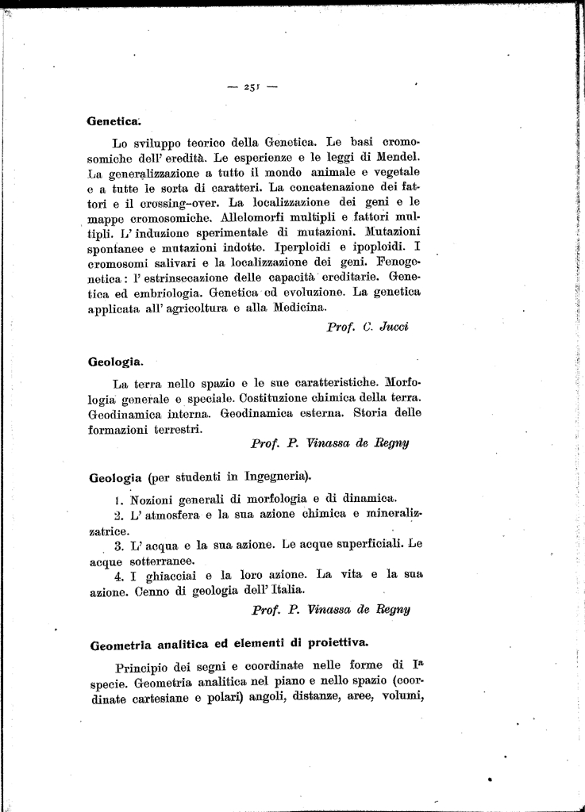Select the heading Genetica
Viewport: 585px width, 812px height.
point(113,121)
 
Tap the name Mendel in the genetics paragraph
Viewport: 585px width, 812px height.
point(400,157)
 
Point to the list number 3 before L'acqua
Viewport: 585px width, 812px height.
point(117,546)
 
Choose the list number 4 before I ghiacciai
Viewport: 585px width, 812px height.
point(117,575)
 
